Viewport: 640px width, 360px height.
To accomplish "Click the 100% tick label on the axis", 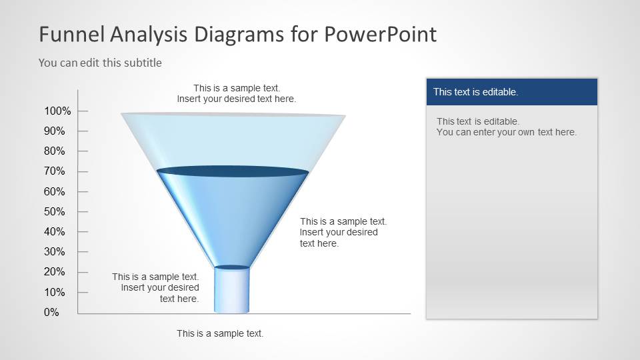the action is pyautogui.click(x=57, y=111).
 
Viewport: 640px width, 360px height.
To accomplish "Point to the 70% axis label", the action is pyautogui.click(x=54, y=171).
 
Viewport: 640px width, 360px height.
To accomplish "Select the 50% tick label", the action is pyautogui.click(x=54, y=211).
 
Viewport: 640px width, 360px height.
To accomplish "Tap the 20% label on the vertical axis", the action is pyautogui.click(x=54, y=271).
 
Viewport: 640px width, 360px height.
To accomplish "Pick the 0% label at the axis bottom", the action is pyautogui.click(x=51, y=312).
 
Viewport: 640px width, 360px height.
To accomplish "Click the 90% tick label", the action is pyautogui.click(x=54, y=131).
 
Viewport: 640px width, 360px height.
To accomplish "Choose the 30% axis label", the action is pyautogui.click(x=54, y=251).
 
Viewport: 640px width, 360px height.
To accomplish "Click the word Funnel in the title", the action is pyautogui.click(x=72, y=34).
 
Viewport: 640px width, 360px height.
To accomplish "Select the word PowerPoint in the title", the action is pyautogui.click(x=381, y=34).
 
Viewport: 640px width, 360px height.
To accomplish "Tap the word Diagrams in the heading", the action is pyautogui.click(x=239, y=35).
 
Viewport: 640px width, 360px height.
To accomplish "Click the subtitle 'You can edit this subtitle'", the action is pyautogui.click(x=100, y=63).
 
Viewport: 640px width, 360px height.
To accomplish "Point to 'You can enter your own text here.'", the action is pyautogui.click(x=506, y=132).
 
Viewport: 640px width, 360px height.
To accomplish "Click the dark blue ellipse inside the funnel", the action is pyautogui.click(x=233, y=171).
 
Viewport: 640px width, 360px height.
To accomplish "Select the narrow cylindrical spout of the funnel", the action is pyautogui.click(x=232, y=290).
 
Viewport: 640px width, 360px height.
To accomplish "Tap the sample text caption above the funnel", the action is pyautogui.click(x=236, y=93).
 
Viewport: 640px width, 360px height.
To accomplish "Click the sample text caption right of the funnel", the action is pyautogui.click(x=343, y=232).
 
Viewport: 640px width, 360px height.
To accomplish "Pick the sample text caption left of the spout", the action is pyautogui.click(x=155, y=288).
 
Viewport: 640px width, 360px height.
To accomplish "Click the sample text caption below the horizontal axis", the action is pyautogui.click(x=220, y=333).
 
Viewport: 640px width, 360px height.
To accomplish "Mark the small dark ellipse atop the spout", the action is pyautogui.click(x=232, y=267).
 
